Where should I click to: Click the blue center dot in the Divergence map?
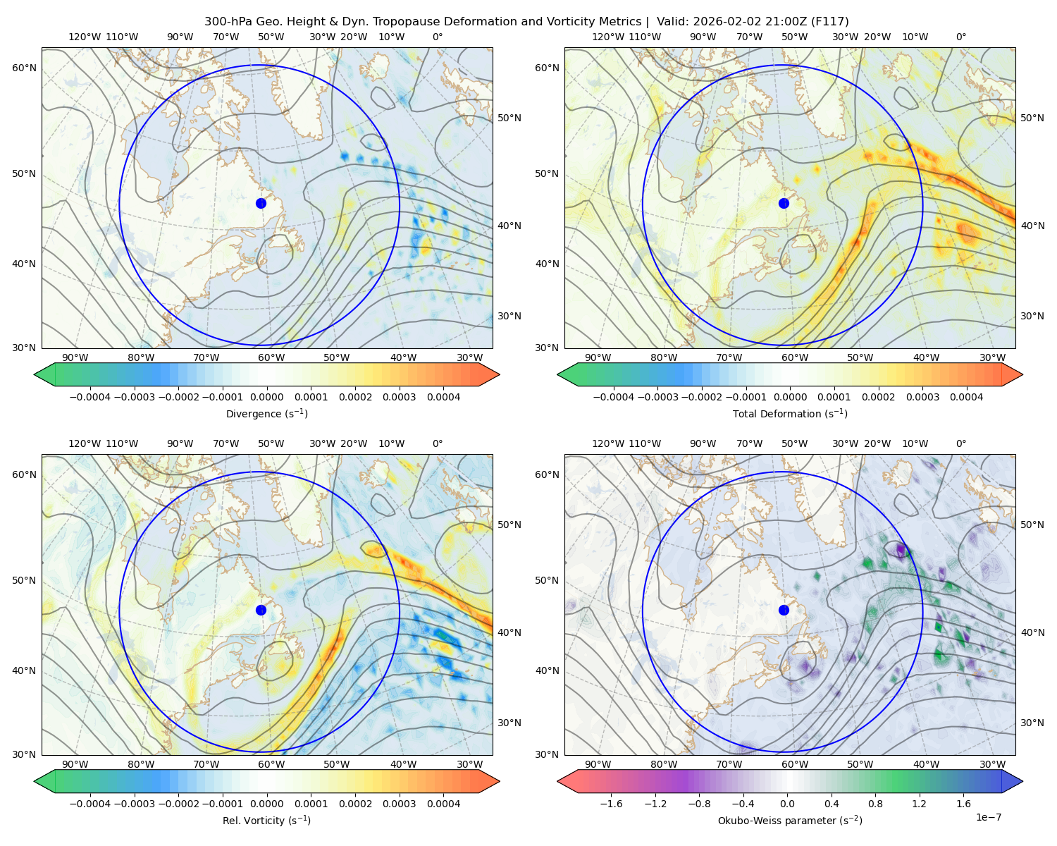click(261, 203)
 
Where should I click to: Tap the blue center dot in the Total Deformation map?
click(784, 203)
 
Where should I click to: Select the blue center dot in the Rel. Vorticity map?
click(261, 610)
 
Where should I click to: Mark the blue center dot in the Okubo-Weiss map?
click(784, 610)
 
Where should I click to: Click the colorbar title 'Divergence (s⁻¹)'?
click(266, 413)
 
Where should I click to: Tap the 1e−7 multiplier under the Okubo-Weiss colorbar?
click(988, 817)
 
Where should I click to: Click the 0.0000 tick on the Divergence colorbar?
click(266, 397)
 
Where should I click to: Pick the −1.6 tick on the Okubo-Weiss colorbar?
click(611, 804)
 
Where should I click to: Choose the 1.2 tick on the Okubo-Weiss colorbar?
click(919, 804)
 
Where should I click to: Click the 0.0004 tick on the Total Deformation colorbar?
click(966, 397)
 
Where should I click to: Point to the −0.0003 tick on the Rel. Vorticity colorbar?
click(134, 804)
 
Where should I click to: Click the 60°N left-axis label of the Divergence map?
click(24, 68)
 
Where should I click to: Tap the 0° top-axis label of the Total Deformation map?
click(960, 37)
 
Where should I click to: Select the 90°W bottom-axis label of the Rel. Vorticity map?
click(75, 764)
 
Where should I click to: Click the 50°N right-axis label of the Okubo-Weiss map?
click(1032, 525)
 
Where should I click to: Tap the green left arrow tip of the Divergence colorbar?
click(35, 374)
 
